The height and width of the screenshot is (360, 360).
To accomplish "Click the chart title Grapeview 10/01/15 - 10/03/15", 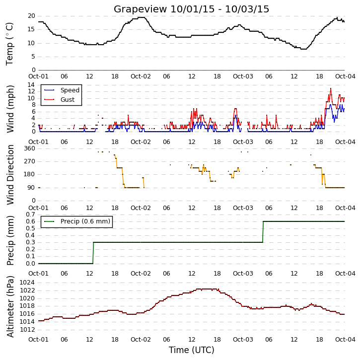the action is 191,9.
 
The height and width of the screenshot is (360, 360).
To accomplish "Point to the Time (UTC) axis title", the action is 191,350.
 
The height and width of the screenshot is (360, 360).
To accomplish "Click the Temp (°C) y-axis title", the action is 9,44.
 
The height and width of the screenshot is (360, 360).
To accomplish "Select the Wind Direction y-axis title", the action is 10,175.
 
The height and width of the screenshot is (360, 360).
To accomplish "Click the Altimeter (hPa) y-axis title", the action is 10,306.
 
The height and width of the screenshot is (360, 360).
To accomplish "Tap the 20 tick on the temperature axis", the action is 31,16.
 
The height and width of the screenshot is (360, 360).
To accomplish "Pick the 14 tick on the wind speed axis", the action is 31,85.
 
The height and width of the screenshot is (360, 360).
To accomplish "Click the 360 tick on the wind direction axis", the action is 30,148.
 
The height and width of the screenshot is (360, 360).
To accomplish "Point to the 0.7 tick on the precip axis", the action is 30,215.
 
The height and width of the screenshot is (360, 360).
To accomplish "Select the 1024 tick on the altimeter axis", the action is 27,283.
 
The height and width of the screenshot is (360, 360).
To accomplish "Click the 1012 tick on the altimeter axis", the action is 27,330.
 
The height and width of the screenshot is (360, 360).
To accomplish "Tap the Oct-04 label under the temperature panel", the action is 345,76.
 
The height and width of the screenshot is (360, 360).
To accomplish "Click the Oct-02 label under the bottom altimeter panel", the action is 141,339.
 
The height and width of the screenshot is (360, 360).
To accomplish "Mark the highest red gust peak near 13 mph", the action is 331,88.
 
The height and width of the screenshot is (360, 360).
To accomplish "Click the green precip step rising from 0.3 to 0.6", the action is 263,232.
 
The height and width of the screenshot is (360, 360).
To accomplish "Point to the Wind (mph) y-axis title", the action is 10,109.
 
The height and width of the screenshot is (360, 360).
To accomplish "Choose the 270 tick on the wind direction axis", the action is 30,161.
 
